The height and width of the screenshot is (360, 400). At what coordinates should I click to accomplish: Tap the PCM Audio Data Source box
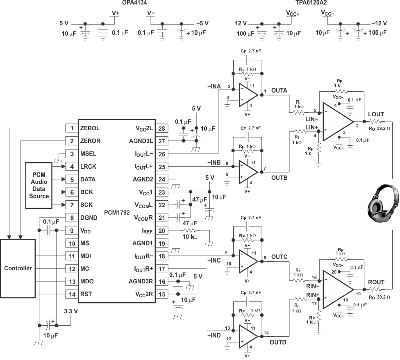(39, 186)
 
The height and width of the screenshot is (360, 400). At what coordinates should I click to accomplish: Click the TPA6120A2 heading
(311, 3)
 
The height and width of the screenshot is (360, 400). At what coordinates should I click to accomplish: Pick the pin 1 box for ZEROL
(72, 128)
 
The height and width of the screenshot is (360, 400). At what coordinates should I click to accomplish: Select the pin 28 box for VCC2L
(161, 128)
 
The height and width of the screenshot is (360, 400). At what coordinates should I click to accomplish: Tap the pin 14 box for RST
(72, 294)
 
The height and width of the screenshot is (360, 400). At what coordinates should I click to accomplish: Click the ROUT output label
(376, 282)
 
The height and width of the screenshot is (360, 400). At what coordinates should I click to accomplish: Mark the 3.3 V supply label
(71, 311)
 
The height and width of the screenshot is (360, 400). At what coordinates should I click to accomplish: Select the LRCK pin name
(90, 167)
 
